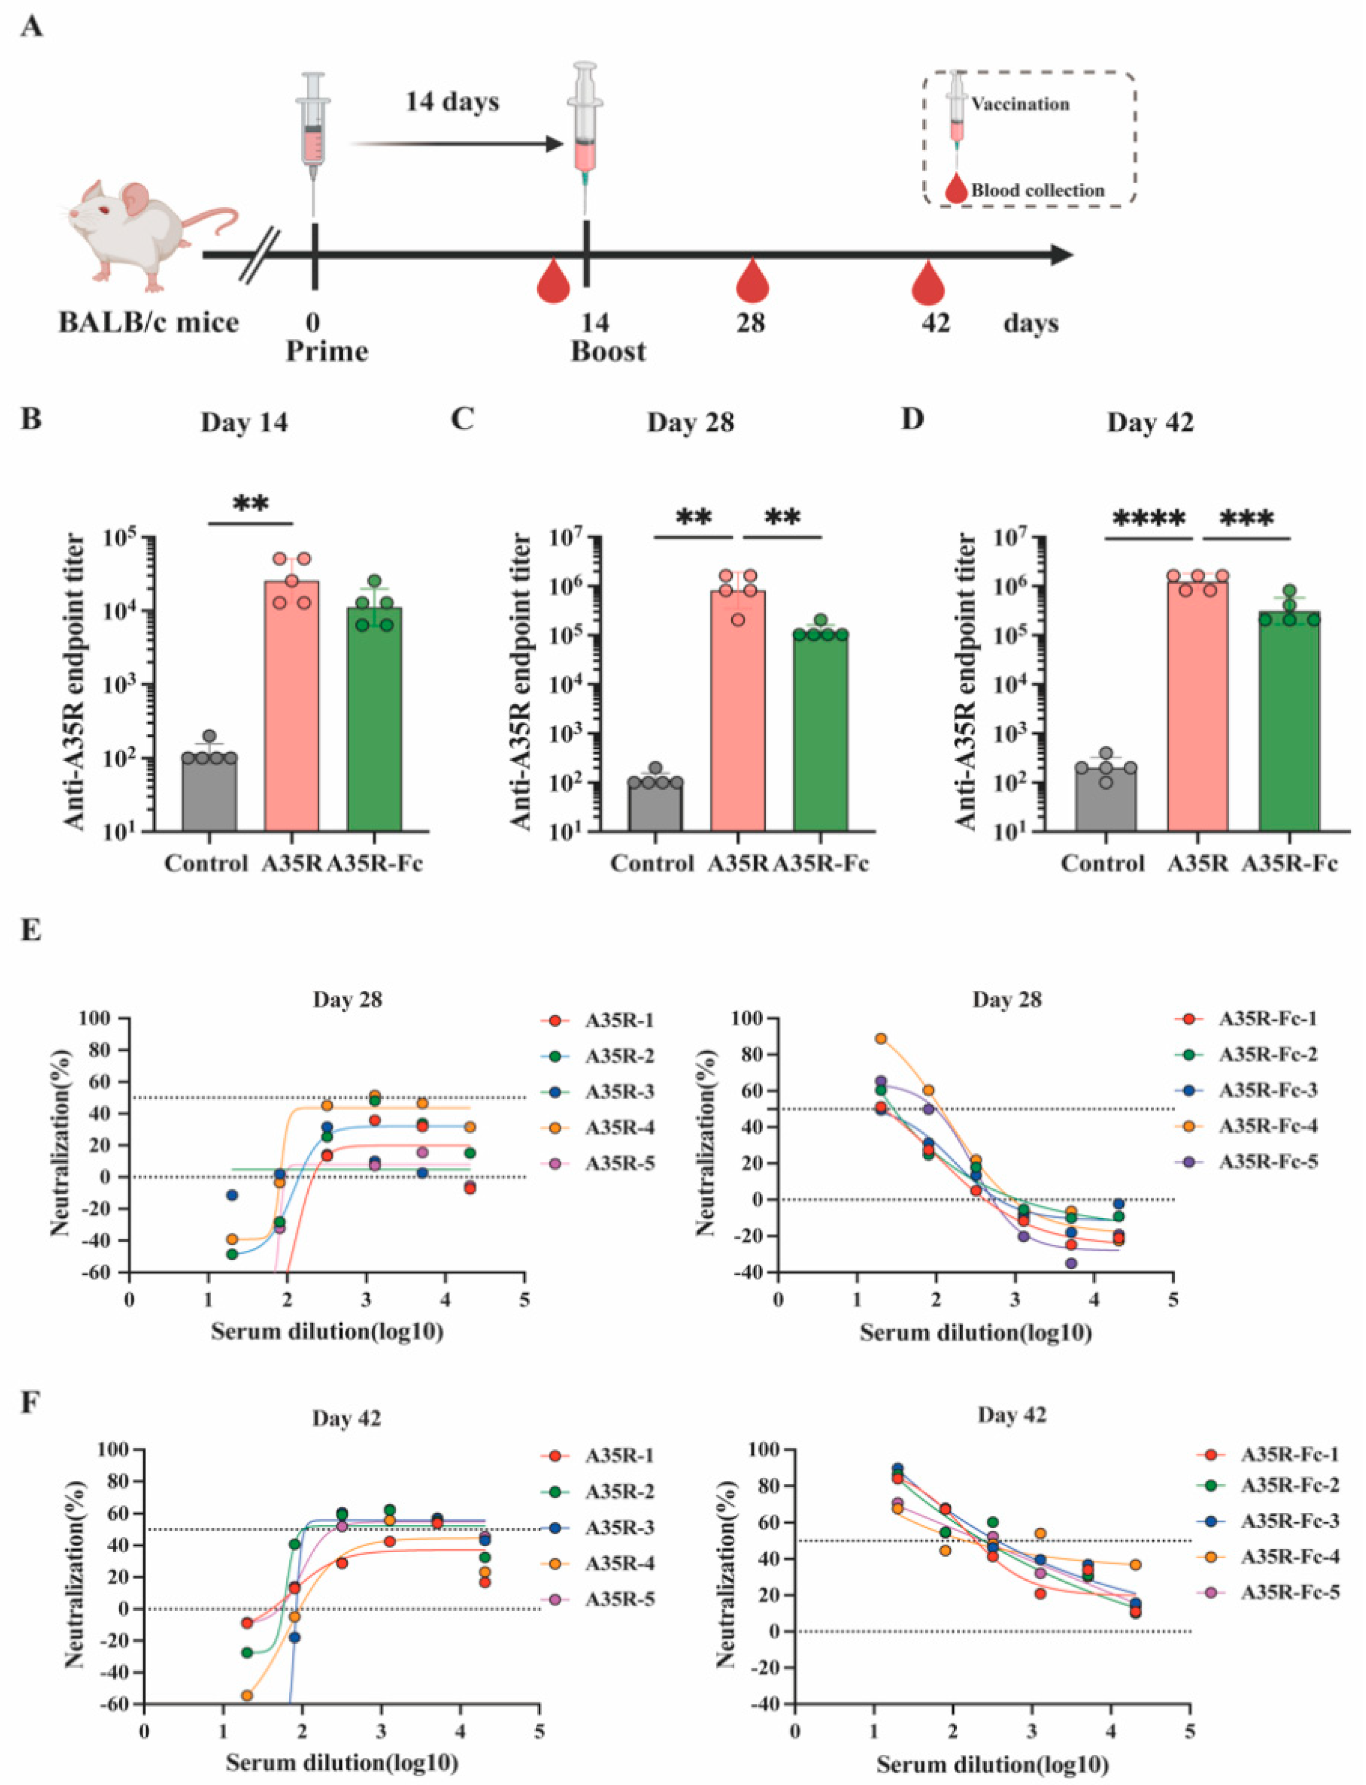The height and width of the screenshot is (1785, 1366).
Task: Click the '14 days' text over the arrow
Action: coord(452,102)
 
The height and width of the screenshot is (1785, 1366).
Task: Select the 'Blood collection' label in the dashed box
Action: coord(1038,190)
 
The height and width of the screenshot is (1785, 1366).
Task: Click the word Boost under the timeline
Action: coord(608,352)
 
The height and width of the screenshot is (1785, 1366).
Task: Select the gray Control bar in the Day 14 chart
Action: coord(209,793)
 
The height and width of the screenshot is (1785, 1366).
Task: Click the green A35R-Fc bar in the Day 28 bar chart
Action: coord(820,732)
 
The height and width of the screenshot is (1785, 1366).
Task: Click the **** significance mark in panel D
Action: coord(1148,518)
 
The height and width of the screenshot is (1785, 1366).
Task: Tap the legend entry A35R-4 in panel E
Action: coord(619,1127)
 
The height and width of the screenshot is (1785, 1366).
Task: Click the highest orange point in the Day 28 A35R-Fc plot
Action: coord(880,1038)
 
